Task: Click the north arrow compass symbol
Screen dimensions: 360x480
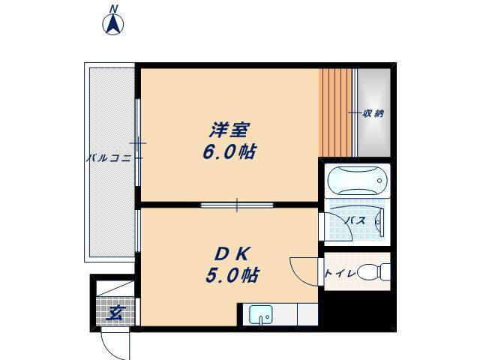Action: [114, 24]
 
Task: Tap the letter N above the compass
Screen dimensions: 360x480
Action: [114, 8]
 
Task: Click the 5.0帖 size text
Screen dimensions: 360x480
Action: [232, 275]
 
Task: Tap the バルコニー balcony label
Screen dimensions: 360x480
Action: [109, 158]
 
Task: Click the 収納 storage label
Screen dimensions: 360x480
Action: [373, 113]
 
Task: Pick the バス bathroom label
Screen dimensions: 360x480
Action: [355, 220]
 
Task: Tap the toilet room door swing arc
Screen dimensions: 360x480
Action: [303, 270]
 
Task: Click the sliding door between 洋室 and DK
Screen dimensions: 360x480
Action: [236, 204]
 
